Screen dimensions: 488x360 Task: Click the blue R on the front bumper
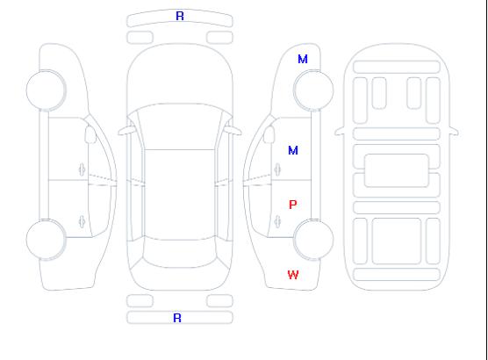pos(180,16)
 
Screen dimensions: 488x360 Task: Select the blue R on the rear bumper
pos(177,318)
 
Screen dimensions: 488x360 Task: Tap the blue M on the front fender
pos(303,59)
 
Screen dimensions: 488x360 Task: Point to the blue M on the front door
pos(293,150)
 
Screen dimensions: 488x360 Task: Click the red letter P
pos(293,205)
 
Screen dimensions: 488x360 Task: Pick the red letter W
pos(293,275)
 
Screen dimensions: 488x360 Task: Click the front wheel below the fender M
pos(313,90)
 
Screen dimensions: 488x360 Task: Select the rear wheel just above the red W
pos(313,239)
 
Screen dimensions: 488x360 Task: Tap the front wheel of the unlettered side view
pos(46,90)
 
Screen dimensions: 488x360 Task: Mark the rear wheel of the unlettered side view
pos(46,239)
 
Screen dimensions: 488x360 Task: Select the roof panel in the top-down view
pos(180,195)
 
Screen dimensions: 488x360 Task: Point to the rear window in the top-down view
pos(180,253)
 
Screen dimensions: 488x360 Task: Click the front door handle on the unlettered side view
pos(82,169)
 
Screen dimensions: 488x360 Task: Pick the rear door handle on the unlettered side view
pos(82,221)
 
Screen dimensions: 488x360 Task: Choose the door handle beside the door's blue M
pos(277,169)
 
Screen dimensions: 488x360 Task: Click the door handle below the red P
pos(277,221)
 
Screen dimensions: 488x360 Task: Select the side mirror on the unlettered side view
pos(90,134)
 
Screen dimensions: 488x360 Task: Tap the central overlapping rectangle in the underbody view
pos(397,170)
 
